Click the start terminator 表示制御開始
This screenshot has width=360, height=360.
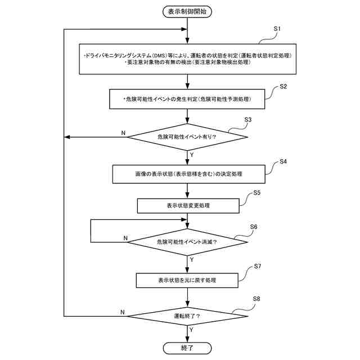coord(187,12)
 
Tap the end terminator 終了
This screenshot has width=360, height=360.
coord(187,348)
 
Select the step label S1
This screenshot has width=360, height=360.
coord(277,29)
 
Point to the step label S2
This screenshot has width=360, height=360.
coord(283,86)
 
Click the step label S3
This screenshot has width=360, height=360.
coord(248,120)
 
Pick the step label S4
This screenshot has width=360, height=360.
coord(283,161)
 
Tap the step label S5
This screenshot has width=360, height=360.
coord(256,192)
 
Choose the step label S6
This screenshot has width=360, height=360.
coord(254,227)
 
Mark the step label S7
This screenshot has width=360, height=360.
coord(258,266)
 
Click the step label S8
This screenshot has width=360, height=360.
coord(256,299)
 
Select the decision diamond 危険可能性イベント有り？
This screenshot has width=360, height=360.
coord(187,137)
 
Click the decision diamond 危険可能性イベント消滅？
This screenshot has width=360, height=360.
coord(187,242)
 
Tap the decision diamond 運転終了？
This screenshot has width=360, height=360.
coord(187,316)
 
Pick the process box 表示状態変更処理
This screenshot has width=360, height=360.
coord(188,206)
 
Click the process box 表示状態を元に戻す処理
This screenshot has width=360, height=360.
coord(187,280)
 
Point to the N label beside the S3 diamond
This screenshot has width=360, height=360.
coord(123,133)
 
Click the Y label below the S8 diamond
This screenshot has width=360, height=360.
coord(191,330)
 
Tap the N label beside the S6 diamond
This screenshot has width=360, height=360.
coord(125,238)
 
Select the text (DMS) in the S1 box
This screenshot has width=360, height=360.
coord(160,56)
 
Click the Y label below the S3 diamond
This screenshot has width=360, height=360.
coord(192,155)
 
